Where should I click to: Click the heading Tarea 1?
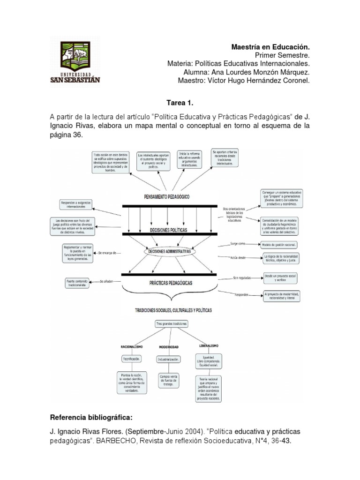coord(180,102)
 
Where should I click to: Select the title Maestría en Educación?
coord(271,47)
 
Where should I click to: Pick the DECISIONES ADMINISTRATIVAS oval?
coord(169,252)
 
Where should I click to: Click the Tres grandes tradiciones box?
coord(171,324)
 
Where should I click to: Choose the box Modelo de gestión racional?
coord(280,244)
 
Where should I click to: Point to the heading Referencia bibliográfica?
coord(89,417)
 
